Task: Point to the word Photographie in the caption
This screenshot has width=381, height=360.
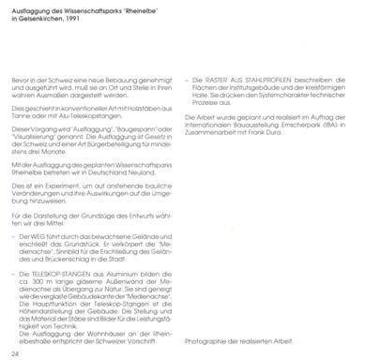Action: (x=208, y=338)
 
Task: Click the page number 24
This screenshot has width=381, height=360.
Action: (x=14, y=352)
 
